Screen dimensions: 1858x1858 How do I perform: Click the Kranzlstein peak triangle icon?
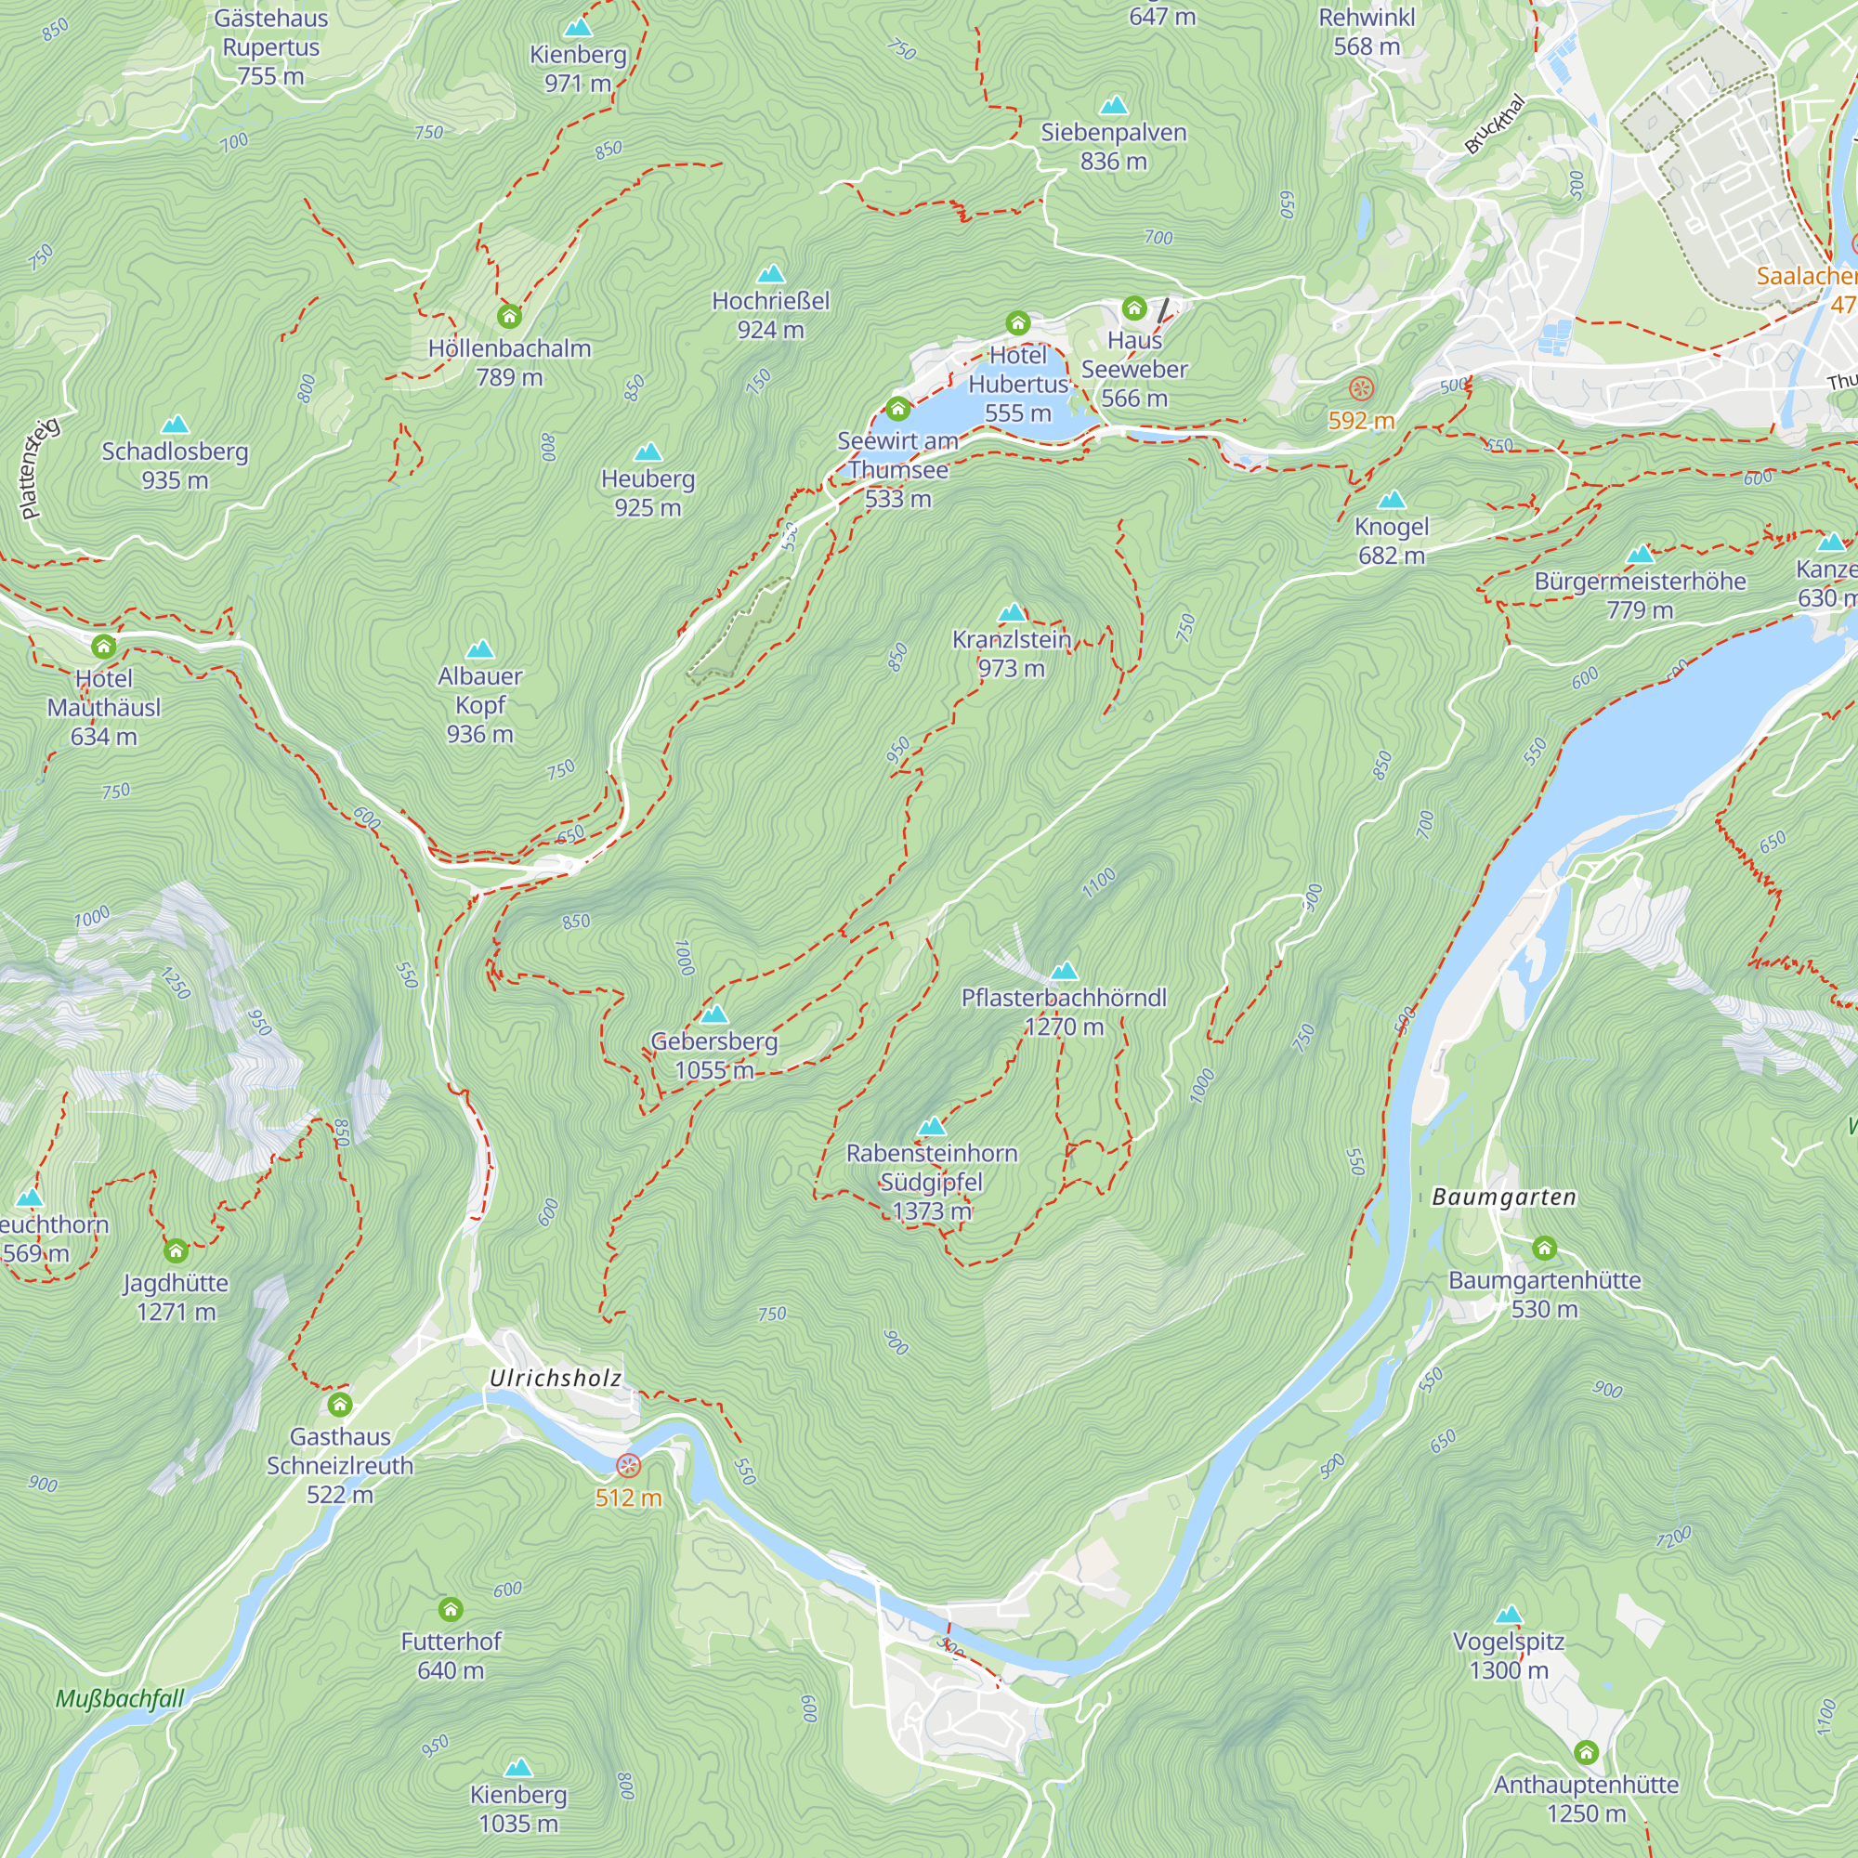point(1012,612)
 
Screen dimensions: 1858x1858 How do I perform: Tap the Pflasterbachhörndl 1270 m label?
point(1064,1012)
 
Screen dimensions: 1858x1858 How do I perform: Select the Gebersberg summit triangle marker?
point(713,1014)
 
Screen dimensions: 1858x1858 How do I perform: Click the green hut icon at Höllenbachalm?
point(510,317)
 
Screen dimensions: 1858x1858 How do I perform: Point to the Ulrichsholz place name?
point(555,1378)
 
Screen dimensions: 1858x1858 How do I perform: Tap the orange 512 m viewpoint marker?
point(628,1466)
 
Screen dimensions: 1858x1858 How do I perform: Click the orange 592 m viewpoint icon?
point(1361,388)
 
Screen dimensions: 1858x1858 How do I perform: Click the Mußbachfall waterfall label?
point(119,1699)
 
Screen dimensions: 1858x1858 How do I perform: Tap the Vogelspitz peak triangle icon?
point(1509,1615)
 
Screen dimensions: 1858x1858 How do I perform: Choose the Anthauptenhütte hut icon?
point(1586,1752)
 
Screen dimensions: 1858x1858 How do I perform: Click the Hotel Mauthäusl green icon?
point(104,647)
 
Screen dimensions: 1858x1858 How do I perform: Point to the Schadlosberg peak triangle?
point(175,425)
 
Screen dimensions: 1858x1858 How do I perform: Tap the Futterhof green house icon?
point(450,1609)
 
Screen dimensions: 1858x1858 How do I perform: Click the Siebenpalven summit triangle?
point(1114,105)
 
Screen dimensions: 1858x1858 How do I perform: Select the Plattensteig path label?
point(38,468)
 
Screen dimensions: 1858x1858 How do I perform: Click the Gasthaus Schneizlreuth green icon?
point(339,1405)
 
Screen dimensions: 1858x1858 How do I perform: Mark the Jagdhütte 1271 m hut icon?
point(176,1251)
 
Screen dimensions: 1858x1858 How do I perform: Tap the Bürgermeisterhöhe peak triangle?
point(1640,555)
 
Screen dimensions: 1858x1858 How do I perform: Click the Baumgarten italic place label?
point(1504,1197)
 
